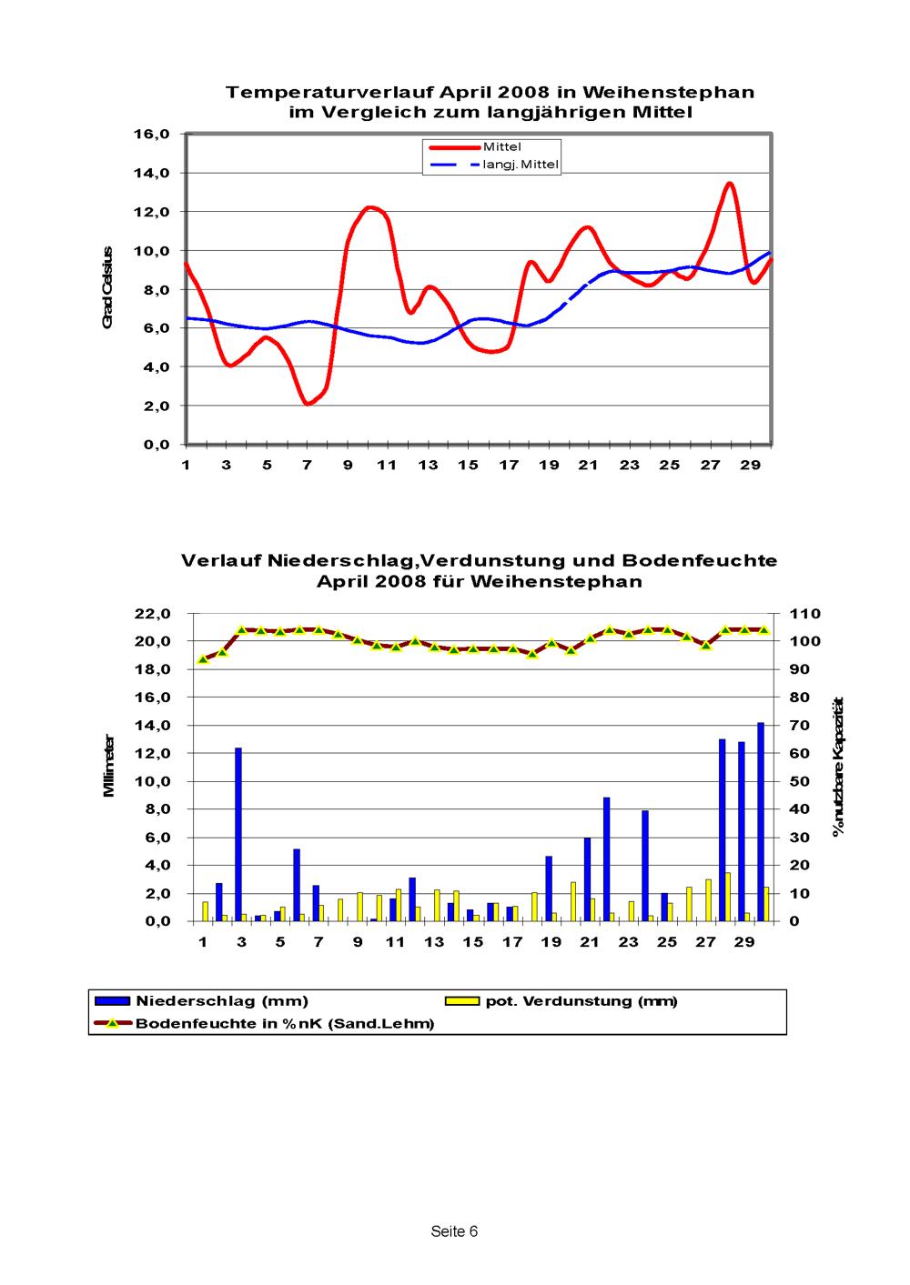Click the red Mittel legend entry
point(475,147)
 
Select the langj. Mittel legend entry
point(494,165)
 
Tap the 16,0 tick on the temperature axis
point(152,135)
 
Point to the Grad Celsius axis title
point(107,287)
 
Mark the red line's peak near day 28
point(729,184)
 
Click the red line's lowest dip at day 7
point(308,403)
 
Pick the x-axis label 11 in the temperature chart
point(387,465)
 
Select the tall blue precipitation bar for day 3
point(238,834)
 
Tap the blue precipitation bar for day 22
point(606,859)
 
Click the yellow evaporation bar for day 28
point(728,897)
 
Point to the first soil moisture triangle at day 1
point(203,659)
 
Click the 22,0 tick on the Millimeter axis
point(152,614)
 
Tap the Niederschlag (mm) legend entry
point(201,1001)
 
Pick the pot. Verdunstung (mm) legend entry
point(561,1001)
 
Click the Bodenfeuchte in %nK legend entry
point(264,1023)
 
